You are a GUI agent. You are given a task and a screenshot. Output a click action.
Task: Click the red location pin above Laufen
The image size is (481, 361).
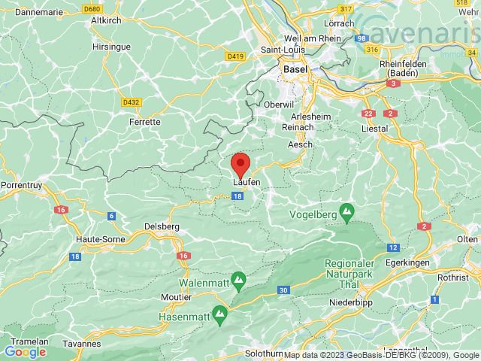pyautogui.click(x=240, y=162)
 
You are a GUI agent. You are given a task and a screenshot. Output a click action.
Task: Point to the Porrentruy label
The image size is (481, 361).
pyautogui.click(x=21, y=184)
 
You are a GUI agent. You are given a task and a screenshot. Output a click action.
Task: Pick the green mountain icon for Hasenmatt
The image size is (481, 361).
pyautogui.click(x=221, y=311)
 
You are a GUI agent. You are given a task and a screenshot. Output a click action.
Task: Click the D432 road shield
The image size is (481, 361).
pyautogui.click(x=130, y=102)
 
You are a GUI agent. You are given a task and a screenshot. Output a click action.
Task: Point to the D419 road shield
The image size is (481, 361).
pyautogui.click(x=234, y=55)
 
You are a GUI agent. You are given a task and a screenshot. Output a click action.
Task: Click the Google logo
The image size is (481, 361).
pyautogui.click(x=25, y=351)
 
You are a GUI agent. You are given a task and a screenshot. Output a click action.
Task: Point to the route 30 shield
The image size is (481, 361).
pyautogui.click(x=283, y=290)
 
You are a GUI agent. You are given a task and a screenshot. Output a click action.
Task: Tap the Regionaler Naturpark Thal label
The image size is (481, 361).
pyautogui.click(x=357, y=272)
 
